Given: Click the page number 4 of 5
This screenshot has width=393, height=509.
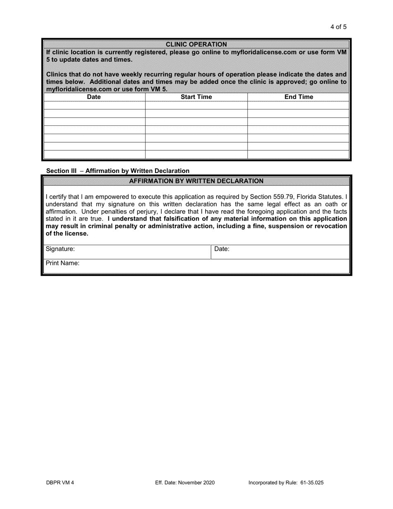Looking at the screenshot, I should point(338,27).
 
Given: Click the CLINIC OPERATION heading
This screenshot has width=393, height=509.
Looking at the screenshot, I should point(196,44).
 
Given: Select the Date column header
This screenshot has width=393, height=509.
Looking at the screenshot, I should point(94,97).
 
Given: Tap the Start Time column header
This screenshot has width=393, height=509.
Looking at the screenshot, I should point(196,97).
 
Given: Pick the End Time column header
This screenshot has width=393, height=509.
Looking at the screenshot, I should point(299,97).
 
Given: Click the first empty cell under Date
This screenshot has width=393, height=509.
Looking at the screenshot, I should point(94,105).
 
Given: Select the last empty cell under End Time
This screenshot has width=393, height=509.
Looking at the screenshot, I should point(299,154).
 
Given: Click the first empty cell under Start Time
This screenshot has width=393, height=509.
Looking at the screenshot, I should point(196,105).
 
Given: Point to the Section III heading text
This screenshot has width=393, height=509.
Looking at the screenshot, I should point(117,170).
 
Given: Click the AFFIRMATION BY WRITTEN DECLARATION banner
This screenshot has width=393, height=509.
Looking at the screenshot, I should point(196,181).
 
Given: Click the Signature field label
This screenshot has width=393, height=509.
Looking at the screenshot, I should point(60,249).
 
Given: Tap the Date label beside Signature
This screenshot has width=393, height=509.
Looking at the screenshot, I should point(222,249).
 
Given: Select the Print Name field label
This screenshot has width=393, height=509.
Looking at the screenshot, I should point(62,263).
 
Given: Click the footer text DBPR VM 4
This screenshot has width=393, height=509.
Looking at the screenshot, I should point(60,483).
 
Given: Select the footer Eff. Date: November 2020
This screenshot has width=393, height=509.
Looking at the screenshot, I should point(185,483).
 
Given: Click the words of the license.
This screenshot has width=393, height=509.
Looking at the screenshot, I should point(67,233).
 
